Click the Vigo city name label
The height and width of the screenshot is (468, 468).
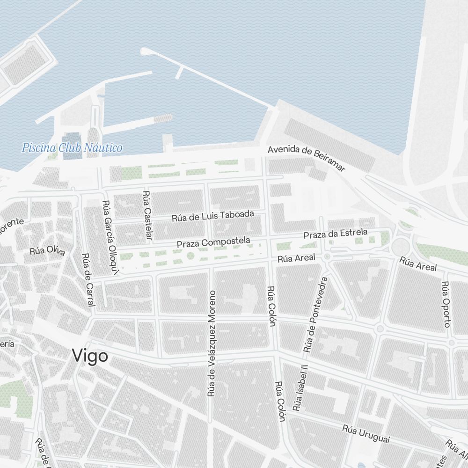click(x=90, y=357)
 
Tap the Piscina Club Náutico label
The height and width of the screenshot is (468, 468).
click(x=72, y=148)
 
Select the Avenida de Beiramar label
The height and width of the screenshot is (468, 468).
click(x=306, y=158)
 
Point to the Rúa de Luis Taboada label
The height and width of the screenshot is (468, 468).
click(x=213, y=216)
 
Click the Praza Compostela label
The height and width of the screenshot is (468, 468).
click(x=213, y=242)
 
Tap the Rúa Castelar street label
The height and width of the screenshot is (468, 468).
click(x=147, y=216)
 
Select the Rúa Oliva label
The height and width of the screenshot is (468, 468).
click(x=47, y=250)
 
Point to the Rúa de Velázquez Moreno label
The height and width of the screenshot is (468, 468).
click(x=212, y=344)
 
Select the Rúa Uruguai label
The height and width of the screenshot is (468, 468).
click(x=366, y=434)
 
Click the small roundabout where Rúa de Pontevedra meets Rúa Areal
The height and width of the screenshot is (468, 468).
click(x=327, y=256)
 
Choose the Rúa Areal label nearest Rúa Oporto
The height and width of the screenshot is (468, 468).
click(x=418, y=263)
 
